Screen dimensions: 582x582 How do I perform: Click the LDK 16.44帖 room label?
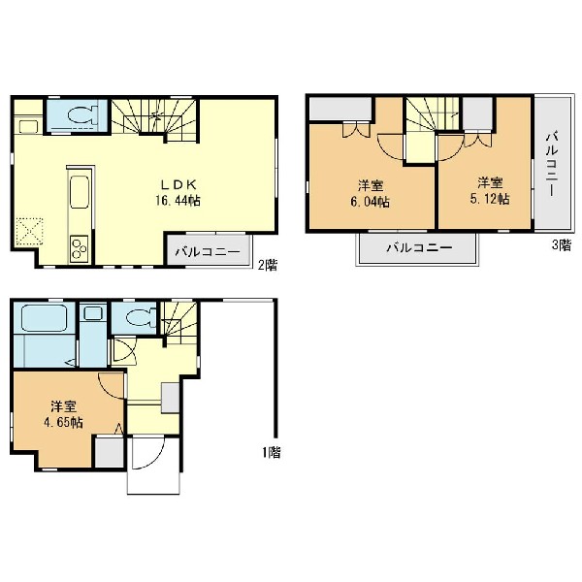click(x=178, y=193)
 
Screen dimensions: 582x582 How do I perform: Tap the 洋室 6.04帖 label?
click(x=371, y=193)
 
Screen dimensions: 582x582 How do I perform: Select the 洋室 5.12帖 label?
click(x=490, y=191)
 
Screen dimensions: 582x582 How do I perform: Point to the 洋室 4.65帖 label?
click(x=63, y=414)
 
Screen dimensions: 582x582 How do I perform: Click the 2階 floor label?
click(x=268, y=265)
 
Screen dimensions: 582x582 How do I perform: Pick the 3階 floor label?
click(x=562, y=245)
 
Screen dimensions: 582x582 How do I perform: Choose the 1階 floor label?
click(x=272, y=452)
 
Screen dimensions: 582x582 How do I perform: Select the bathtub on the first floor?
click(x=44, y=318)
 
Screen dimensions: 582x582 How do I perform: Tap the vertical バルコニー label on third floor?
click(x=552, y=164)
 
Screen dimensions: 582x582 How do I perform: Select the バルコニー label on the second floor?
click(x=208, y=252)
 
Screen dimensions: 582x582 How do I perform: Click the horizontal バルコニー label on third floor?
click(x=419, y=247)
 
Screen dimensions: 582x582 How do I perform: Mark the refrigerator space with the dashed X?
click(x=29, y=231)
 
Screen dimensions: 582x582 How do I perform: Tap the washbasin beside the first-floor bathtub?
click(x=93, y=313)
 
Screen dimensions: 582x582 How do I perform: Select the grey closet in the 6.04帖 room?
click(x=340, y=109)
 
